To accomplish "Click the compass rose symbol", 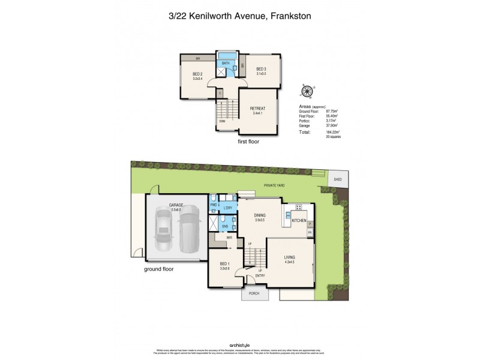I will click(x=307, y=91).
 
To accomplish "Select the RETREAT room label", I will click(x=258, y=109).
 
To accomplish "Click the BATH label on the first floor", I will click(x=226, y=63).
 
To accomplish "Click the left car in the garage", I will click(x=164, y=231).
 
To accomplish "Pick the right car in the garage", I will click(x=188, y=229).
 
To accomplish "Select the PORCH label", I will click(x=255, y=294).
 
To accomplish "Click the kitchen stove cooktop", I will click(x=298, y=208).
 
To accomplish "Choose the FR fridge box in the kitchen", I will click(x=310, y=232).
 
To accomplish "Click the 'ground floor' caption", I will click(x=159, y=269).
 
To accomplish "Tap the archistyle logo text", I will click(x=240, y=344).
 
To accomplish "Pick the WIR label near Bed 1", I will click(x=229, y=238).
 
